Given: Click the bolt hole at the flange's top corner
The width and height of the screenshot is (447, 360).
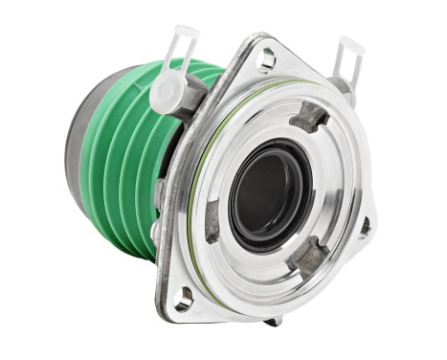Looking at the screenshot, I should click(267, 58).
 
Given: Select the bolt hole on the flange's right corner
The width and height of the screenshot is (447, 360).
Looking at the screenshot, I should click(365, 228).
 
